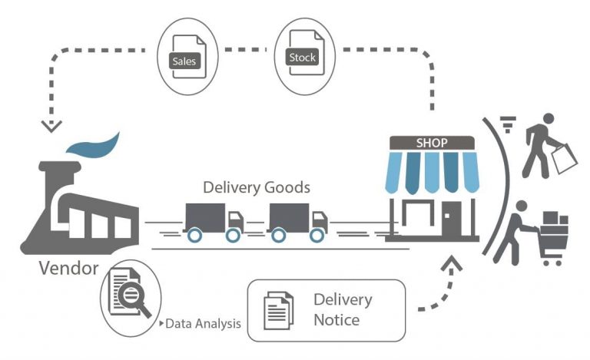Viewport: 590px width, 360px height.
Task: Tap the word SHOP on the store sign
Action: (x=431, y=143)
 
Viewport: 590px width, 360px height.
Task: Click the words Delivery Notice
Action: (x=343, y=309)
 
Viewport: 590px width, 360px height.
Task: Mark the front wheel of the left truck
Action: (x=231, y=235)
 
